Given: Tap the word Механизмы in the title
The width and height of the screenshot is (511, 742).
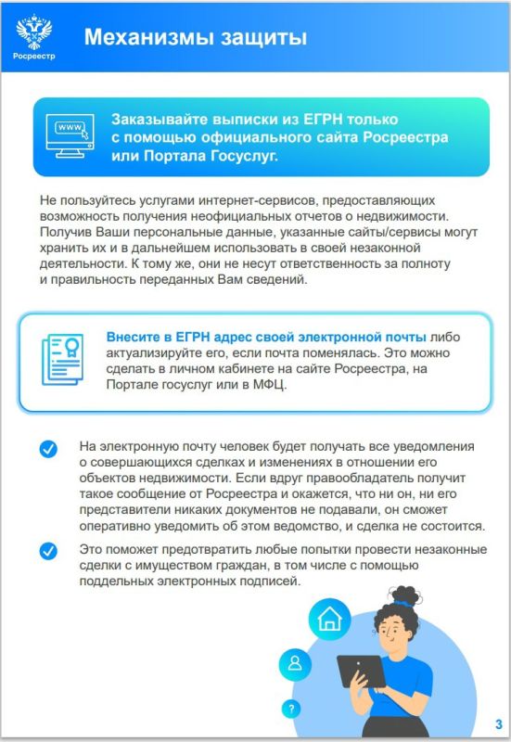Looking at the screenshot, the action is (x=143, y=37).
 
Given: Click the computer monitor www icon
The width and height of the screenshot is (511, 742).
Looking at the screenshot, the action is (x=72, y=136).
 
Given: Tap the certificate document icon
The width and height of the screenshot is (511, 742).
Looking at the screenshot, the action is (x=62, y=361).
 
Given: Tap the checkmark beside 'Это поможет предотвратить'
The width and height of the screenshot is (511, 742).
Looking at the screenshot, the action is (x=47, y=551).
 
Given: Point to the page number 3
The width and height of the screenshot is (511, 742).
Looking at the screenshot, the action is (x=498, y=724).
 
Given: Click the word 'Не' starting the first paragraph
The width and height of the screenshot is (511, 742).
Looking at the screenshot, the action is (x=48, y=199).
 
